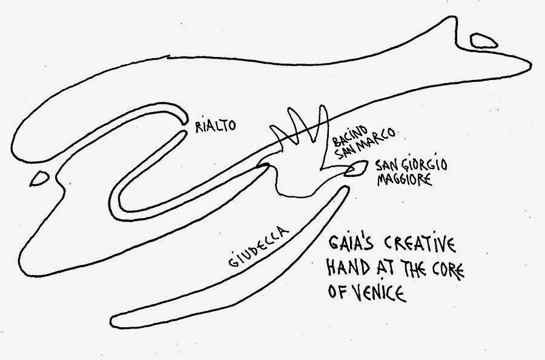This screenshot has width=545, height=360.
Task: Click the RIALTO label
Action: (x=214, y=125)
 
